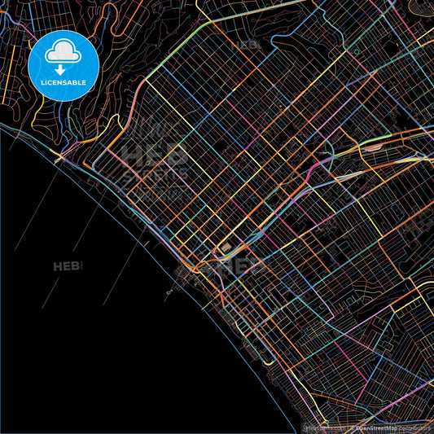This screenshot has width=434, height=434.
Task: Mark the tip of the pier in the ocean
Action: click(x=168, y=292)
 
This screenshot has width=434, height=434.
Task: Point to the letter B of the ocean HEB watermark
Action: click(x=79, y=266)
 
